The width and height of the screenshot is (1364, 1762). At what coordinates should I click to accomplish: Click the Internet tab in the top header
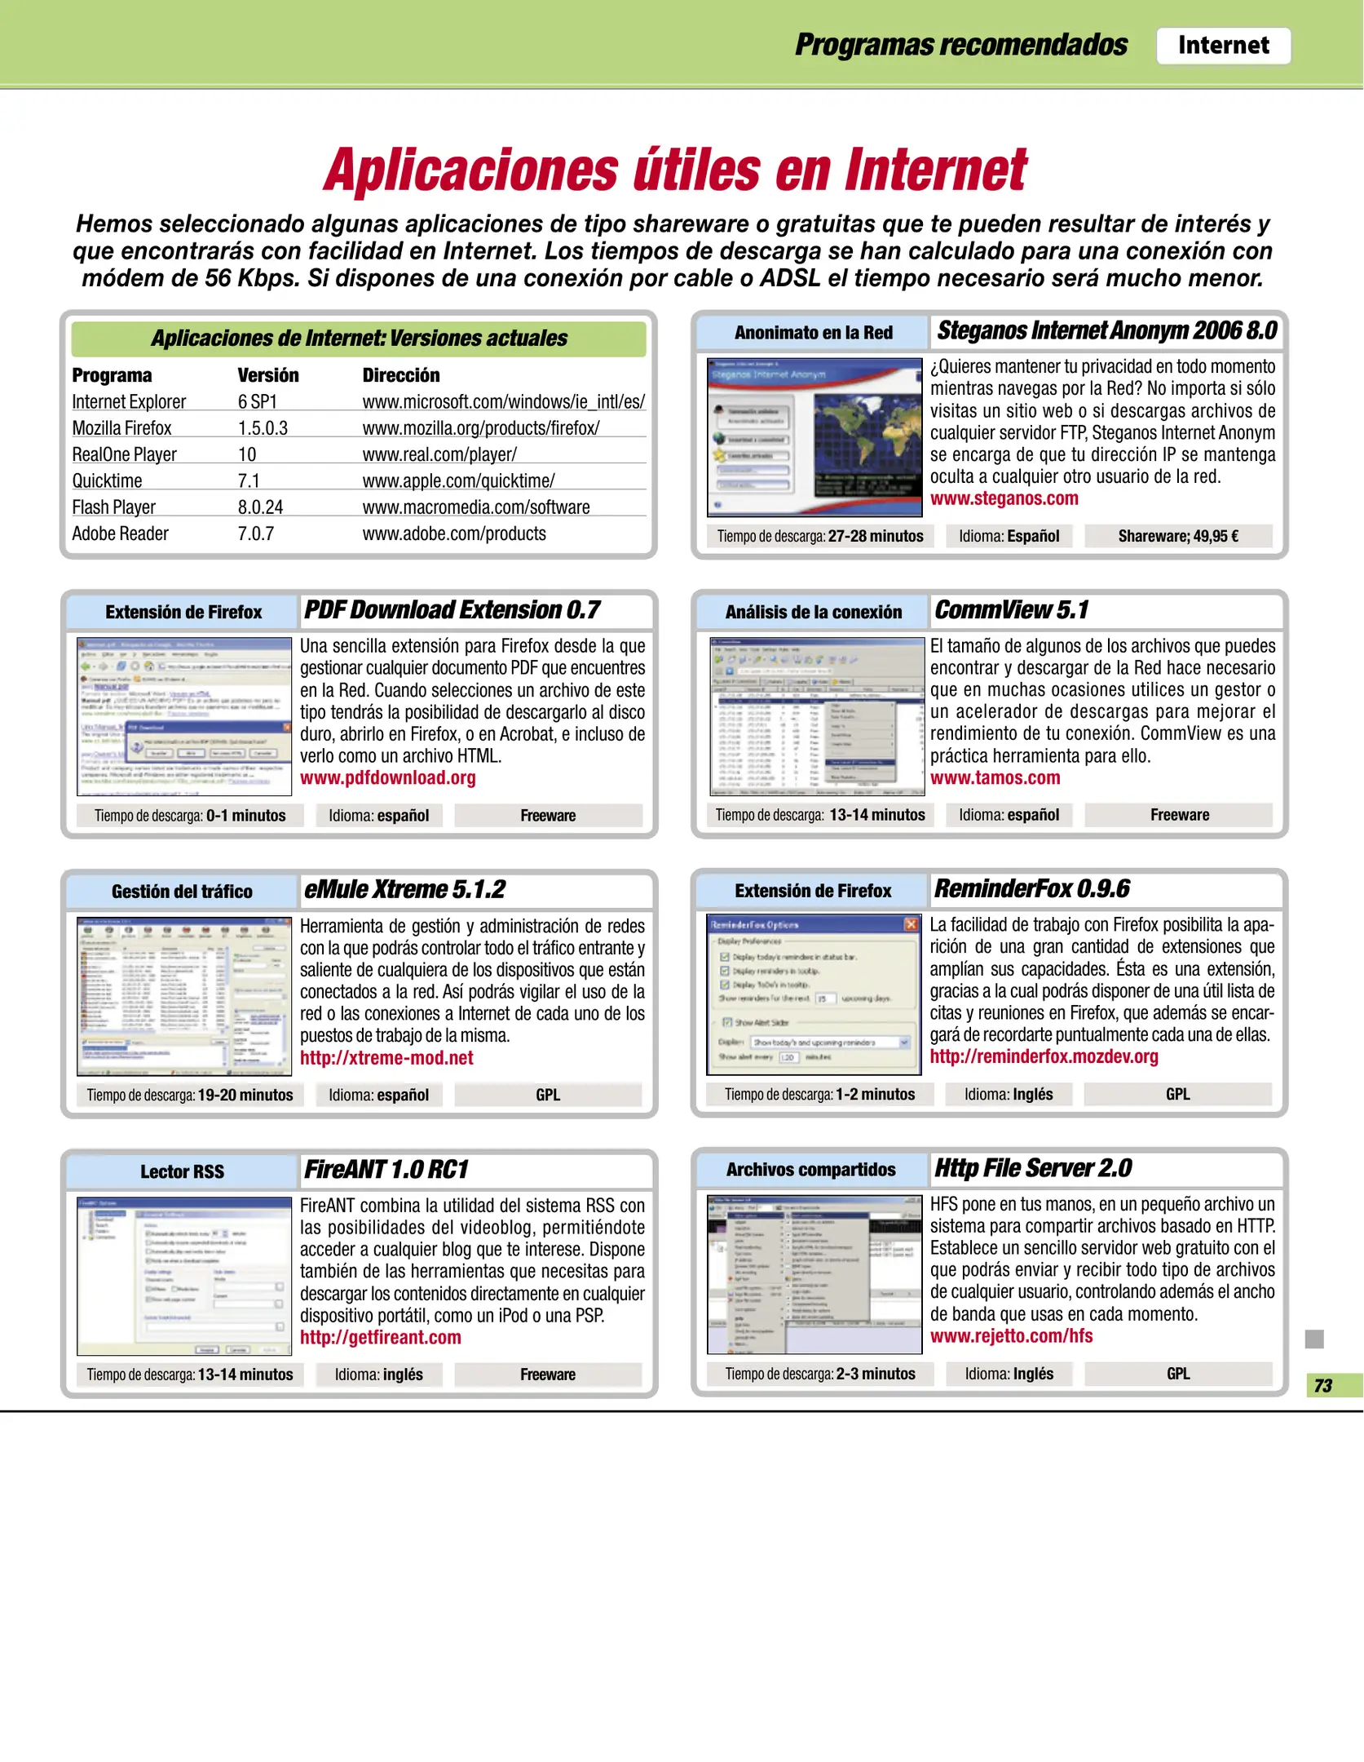click(x=1222, y=46)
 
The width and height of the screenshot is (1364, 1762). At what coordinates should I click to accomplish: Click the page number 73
click(x=1322, y=1385)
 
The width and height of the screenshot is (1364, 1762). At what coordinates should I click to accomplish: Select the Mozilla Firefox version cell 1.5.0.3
click(x=263, y=428)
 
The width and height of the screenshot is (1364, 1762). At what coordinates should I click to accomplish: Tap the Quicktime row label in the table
click(x=107, y=481)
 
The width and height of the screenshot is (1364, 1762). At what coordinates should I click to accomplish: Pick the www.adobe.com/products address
click(x=453, y=533)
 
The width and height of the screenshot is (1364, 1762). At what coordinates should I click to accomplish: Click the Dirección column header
click(x=400, y=375)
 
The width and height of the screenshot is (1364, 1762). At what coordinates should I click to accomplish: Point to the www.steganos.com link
click(x=1004, y=498)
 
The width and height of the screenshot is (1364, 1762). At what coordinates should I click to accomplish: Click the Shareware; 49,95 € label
click(x=1177, y=536)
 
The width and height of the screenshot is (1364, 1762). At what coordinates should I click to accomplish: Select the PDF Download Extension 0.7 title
click(x=452, y=610)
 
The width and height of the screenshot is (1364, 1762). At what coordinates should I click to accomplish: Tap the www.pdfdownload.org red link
click(x=387, y=777)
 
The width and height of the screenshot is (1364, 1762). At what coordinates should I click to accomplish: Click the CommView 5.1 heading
click(x=1010, y=610)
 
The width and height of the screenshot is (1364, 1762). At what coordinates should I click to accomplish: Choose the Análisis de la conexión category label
click(x=813, y=612)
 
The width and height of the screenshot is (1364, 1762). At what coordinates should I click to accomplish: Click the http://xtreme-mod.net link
click(x=386, y=1058)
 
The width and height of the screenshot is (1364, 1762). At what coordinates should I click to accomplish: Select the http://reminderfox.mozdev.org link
click(x=1043, y=1056)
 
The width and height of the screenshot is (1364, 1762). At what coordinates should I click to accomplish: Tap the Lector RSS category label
click(x=182, y=1171)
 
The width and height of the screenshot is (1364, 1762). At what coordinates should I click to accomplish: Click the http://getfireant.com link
click(x=380, y=1337)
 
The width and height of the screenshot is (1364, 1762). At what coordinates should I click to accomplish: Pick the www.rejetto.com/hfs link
click(x=1011, y=1336)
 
